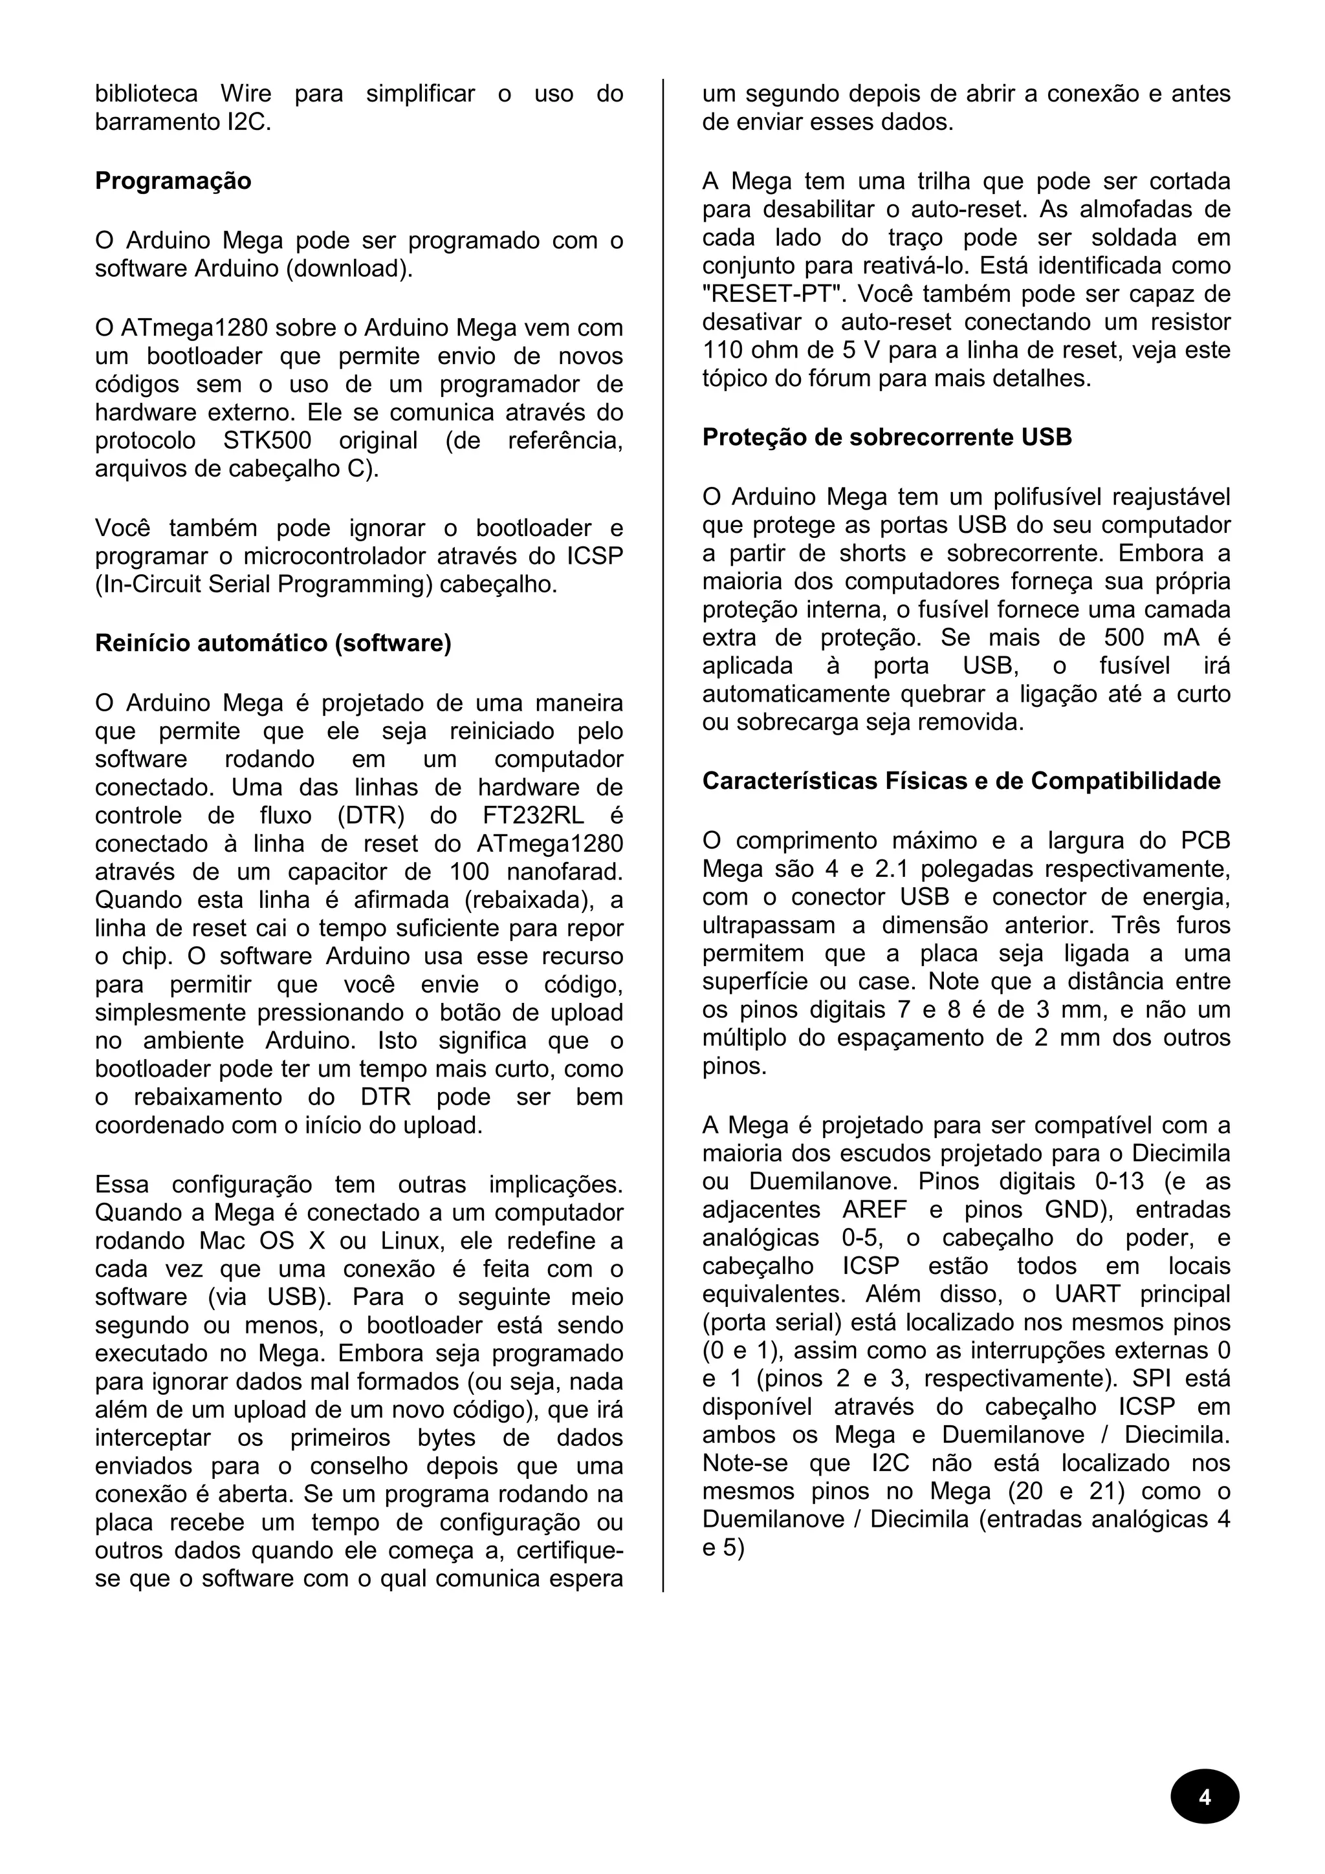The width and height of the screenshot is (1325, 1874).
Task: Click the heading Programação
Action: [173, 181]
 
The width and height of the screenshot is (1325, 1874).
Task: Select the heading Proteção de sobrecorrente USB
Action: [886, 438]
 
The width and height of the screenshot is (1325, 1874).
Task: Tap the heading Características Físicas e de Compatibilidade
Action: [961, 781]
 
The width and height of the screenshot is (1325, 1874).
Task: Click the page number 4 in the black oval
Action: [1204, 1797]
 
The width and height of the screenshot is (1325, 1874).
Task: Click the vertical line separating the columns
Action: [663, 816]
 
